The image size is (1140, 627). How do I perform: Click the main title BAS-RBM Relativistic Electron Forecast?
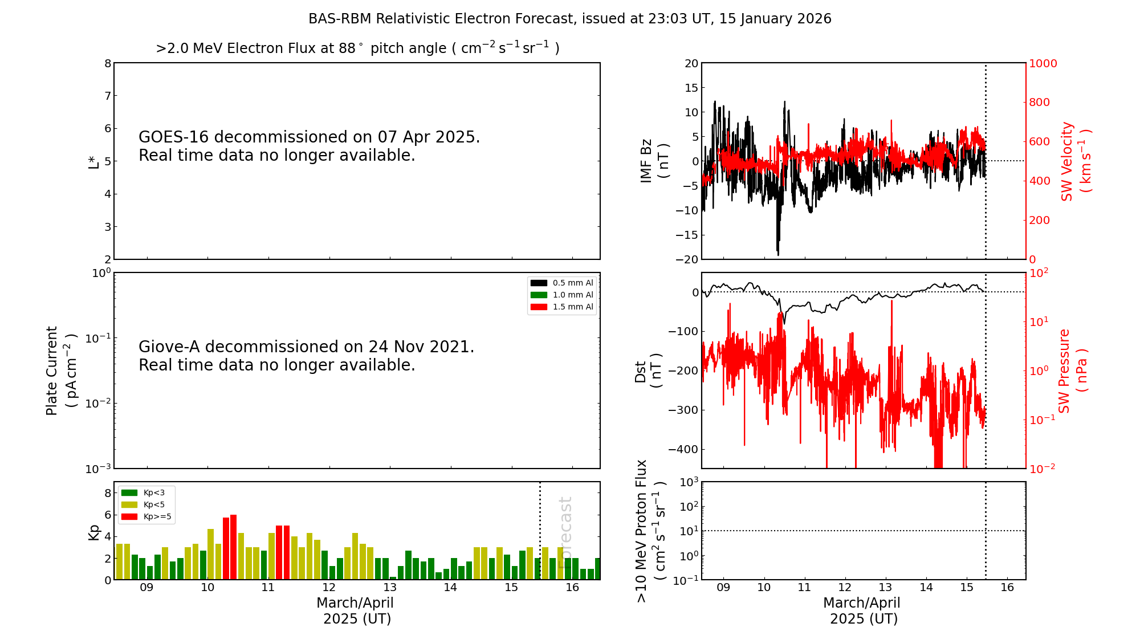(569, 19)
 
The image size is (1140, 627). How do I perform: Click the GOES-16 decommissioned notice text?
(309, 146)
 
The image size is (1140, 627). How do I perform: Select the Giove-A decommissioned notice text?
(306, 356)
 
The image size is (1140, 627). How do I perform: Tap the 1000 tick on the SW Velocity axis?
(1043, 63)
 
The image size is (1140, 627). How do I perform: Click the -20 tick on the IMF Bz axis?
(687, 259)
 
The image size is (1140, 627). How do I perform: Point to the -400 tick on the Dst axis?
(684, 449)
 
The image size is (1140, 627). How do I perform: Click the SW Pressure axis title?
(1072, 370)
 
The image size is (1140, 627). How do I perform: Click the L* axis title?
(93, 162)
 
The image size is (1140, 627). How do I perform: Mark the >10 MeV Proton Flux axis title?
(650, 531)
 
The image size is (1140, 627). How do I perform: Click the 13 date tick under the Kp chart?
(390, 588)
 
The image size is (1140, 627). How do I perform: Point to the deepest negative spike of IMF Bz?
(778, 254)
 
